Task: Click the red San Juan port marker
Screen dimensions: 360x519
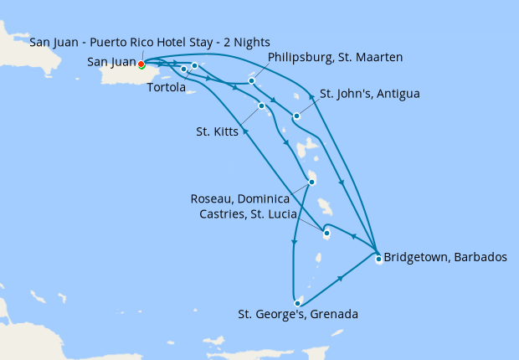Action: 141,64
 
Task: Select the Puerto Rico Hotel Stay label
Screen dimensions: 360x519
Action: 150,43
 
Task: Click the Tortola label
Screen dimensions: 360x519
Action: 166,88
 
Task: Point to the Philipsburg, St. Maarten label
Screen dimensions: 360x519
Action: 334,57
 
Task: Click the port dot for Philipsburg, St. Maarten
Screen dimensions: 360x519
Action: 252,81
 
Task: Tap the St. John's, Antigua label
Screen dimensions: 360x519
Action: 369,94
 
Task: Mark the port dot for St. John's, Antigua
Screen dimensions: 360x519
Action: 297,116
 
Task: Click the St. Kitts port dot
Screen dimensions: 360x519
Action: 262,105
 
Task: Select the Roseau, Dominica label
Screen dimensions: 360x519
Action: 239,198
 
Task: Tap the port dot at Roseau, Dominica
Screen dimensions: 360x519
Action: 311,182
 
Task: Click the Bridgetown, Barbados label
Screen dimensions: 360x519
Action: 444,257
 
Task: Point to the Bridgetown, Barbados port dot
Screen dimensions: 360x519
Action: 378,259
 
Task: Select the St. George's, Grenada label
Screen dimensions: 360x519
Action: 298,315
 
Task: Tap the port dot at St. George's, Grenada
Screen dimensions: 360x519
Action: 297,303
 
